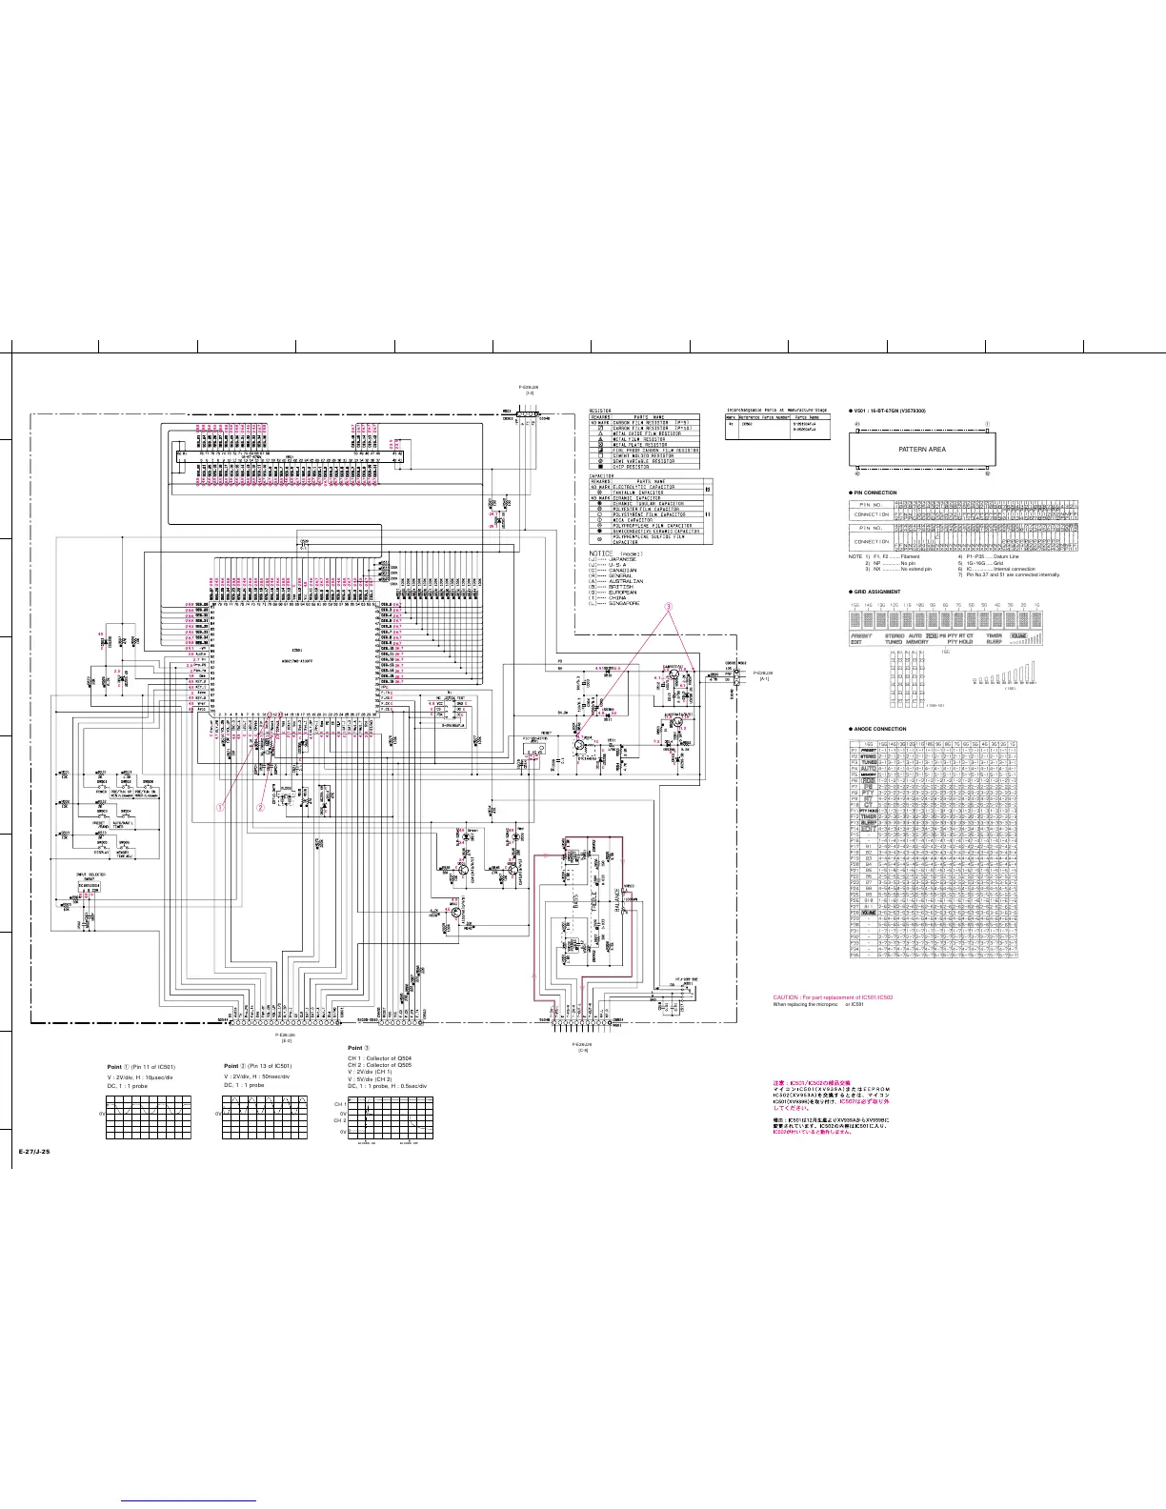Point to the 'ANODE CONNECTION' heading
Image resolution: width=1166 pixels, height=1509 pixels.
click(881, 729)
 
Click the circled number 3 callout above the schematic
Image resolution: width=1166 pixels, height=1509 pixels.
click(669, 606)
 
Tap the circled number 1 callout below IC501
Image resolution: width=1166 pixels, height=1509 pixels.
click(220, 806)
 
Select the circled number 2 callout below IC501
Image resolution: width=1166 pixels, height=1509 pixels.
click(259, 806)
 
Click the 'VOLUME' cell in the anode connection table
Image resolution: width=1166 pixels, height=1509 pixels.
click(869, 912)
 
